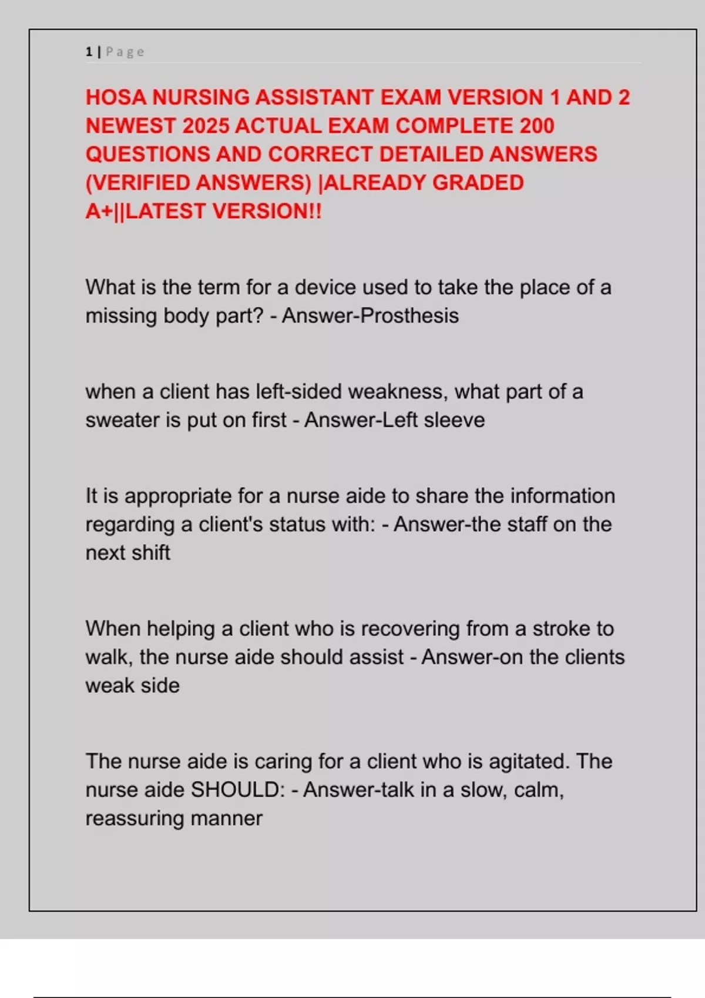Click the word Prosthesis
pos(409,316)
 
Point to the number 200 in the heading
pos(536,126)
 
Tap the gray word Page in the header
pos(125,52)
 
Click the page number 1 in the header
pos(89,52)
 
